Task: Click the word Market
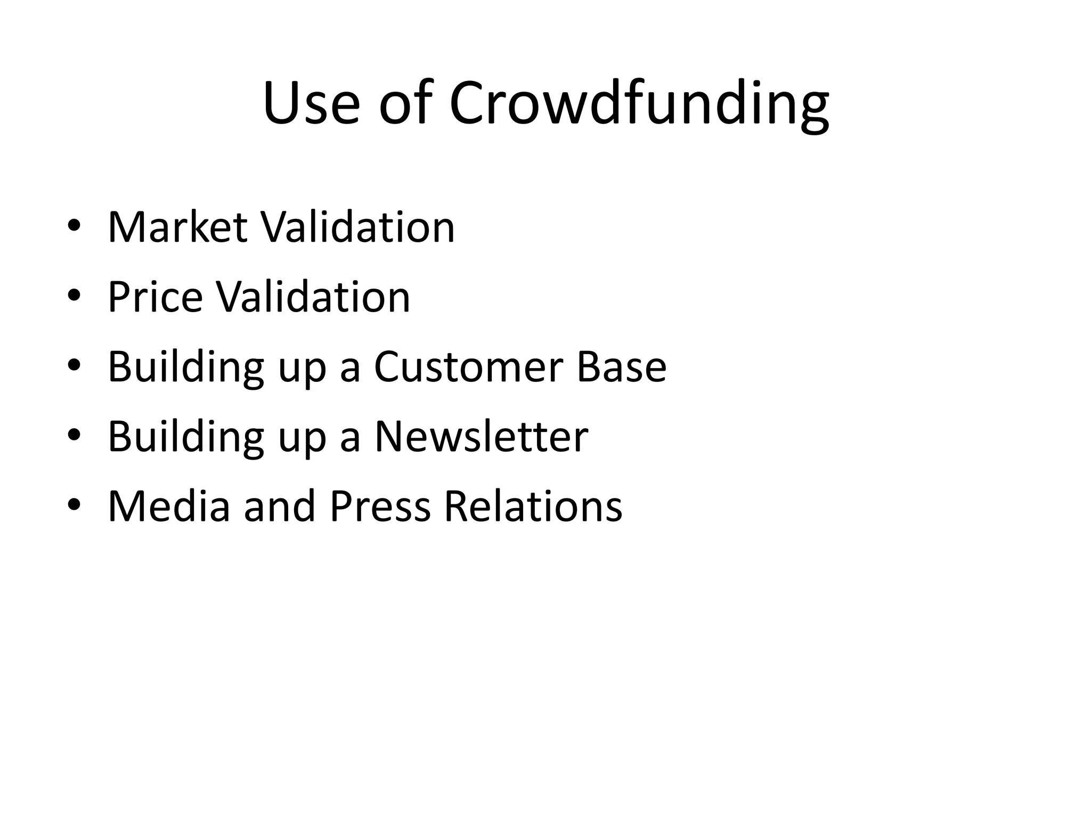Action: pyautogui.click(x=178, y=227)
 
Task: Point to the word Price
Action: pyautogui.click(x=155, y=297)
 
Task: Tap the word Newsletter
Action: pyautogui.click(x=481, y=436)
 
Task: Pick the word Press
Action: pyautogui.click(x=380, y=506)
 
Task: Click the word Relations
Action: pyautogui.click(x=533, y=506)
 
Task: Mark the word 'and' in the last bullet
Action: pyautogui.click(x=280, y=506)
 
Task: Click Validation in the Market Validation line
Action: pyautogui.click(x=357, y=227)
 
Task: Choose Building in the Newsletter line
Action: pyautogui.click(x=186, y=436)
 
